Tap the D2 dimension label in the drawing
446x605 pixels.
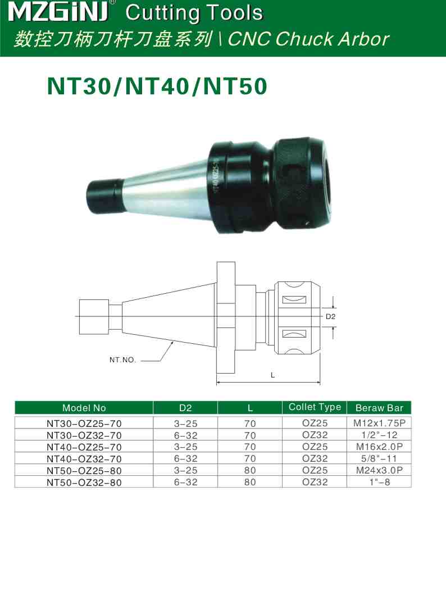tap(330, 317)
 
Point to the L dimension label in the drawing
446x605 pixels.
tap(273, 375)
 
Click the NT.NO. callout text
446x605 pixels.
tap(122, 360)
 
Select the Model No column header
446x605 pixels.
tap(84, 408)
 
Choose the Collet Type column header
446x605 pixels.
tap(315, 407)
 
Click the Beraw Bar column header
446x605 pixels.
tap(379, 408)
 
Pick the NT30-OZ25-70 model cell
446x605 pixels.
tap(84, 423)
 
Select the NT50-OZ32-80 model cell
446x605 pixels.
tap(84, 482)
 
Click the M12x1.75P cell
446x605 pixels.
tap(379, 422)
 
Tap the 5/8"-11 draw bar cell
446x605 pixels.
tap(379, 458)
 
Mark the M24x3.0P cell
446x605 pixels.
tap(379, 470)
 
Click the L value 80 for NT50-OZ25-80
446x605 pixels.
tap(250, 470)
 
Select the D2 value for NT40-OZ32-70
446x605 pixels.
tap(185, 458)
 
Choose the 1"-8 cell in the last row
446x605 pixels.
tap(379, 481)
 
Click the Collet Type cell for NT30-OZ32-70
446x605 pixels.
tap(315, 434)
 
